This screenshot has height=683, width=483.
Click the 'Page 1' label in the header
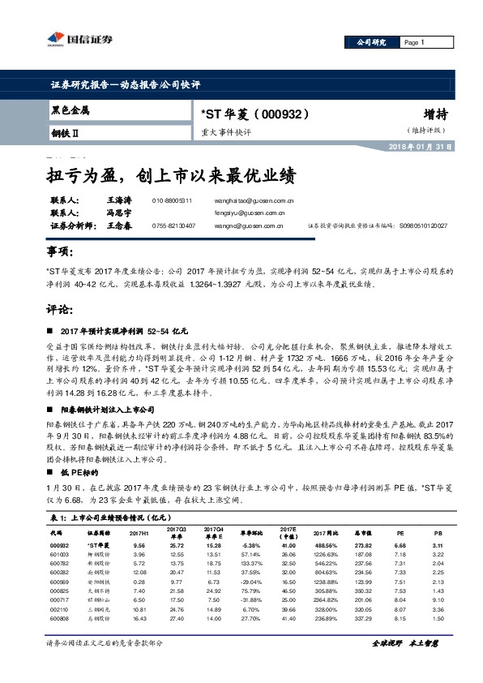[414, 42]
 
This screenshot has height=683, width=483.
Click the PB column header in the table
[437, 532]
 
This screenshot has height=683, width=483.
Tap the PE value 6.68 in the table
[399, 547]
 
